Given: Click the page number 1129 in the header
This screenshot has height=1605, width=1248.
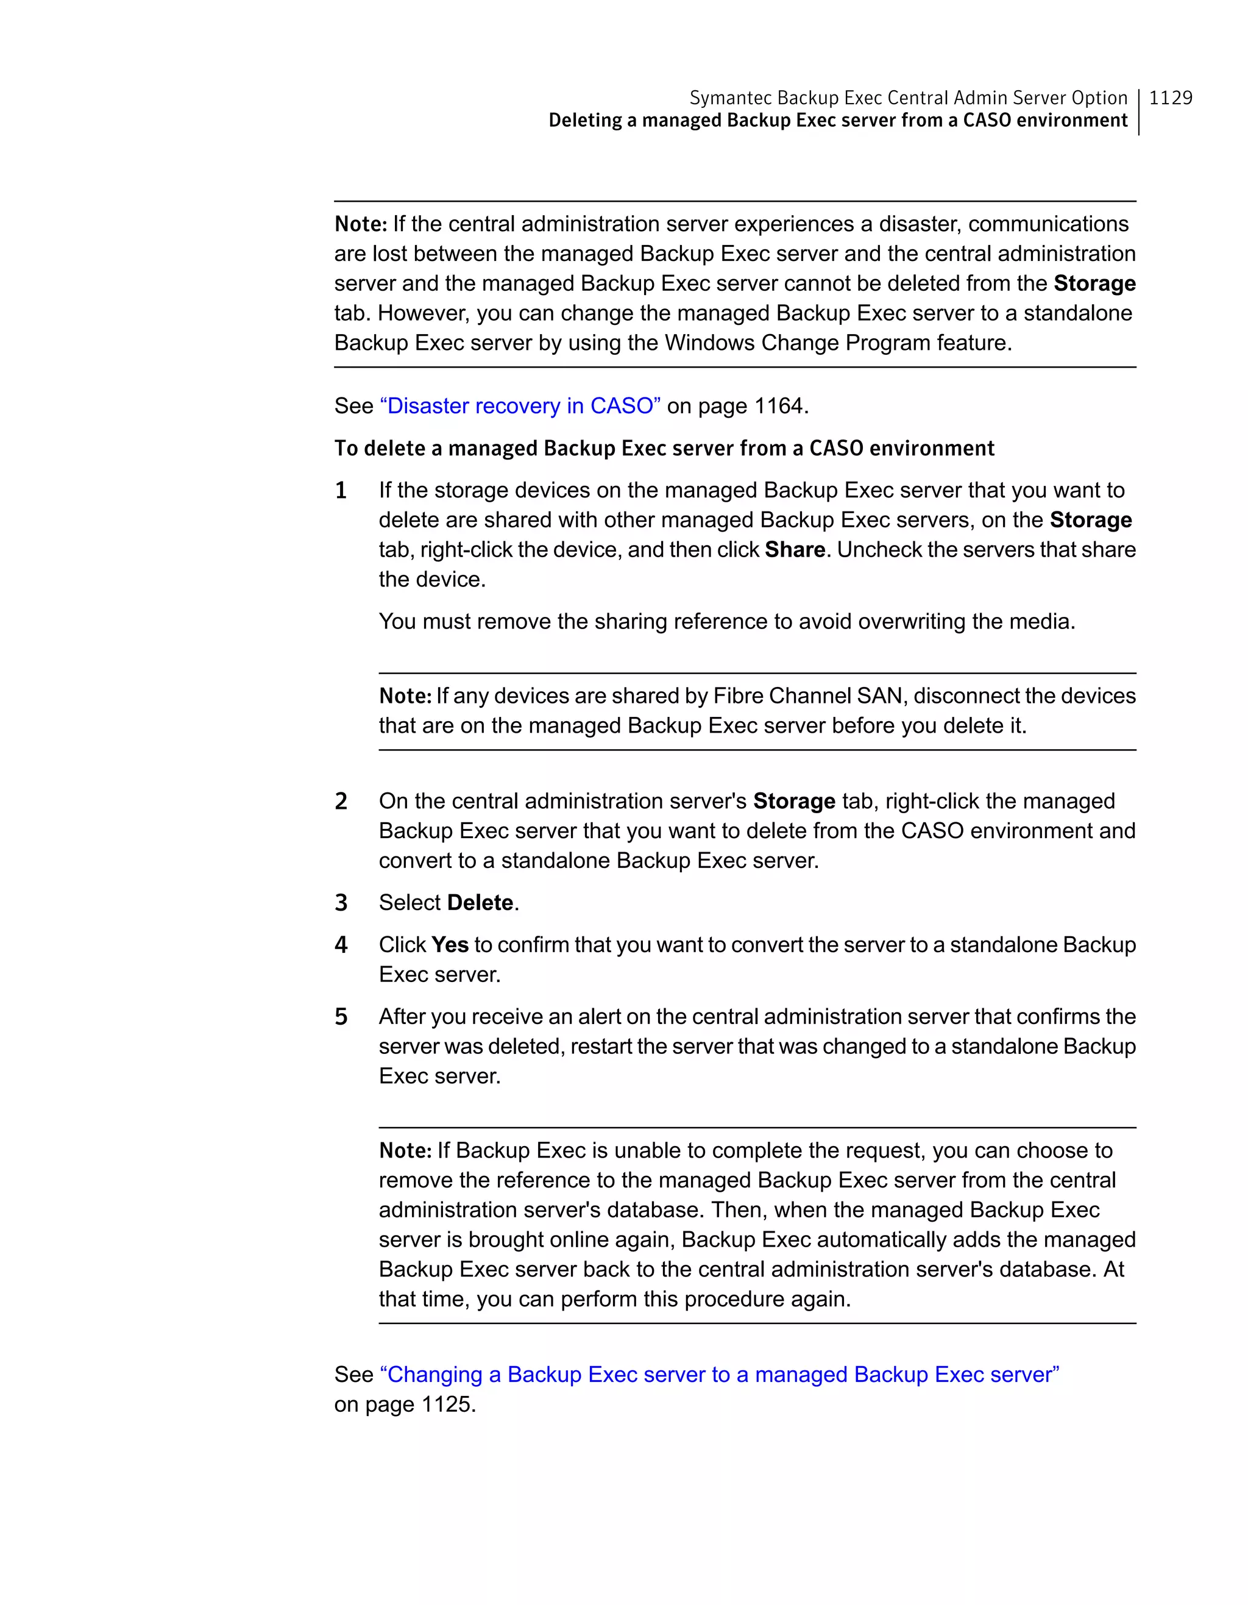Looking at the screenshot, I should click(1170, 98).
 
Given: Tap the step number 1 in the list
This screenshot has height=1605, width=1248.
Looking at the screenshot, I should click(341, 490).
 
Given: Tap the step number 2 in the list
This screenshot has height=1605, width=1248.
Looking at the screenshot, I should click(341, 801).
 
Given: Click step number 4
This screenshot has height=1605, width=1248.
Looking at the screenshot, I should click(341, 945).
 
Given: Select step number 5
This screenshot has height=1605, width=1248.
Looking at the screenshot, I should click(341, 1017).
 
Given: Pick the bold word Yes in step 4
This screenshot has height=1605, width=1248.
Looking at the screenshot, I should click(450, 945).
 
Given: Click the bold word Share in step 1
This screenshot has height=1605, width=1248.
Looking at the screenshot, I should click(795, 550).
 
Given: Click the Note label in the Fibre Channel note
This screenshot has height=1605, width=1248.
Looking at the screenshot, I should click(405, 696).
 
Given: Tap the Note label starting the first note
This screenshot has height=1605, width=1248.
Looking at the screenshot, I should click(360, 224).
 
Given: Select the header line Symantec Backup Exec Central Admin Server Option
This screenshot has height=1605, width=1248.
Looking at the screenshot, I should click(908, 98).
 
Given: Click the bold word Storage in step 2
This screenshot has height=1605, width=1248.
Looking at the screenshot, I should click(794, 801).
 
